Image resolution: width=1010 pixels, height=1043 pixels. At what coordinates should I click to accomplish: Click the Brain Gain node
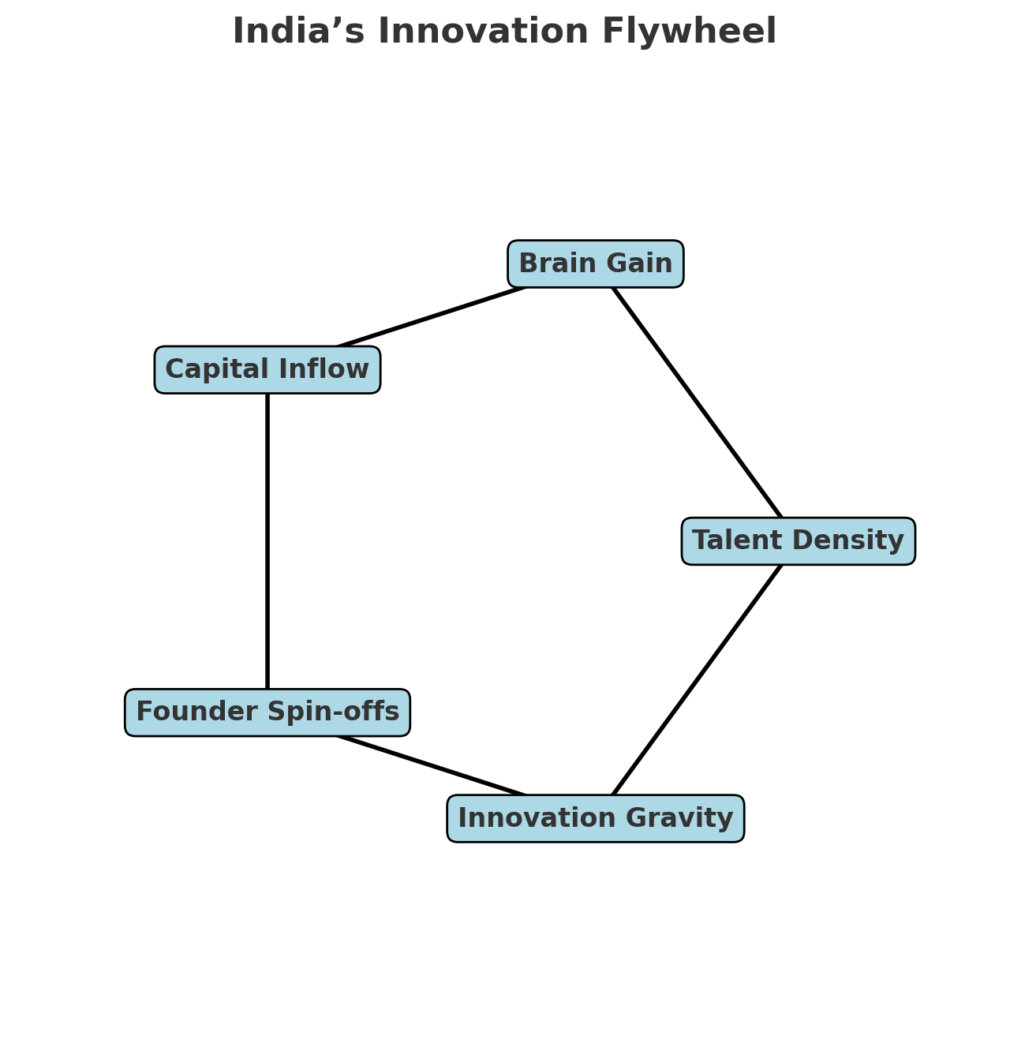595,264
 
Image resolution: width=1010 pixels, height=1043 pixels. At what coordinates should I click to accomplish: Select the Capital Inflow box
267,369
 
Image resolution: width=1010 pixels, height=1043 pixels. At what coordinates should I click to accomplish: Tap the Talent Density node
798,541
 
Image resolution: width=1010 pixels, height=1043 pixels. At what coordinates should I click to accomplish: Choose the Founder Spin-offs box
267,712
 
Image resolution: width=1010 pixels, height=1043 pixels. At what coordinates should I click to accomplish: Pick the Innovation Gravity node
595,818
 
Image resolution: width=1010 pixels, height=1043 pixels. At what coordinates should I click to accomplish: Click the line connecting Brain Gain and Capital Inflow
431,317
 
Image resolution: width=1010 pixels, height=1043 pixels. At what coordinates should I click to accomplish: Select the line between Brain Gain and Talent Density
698,402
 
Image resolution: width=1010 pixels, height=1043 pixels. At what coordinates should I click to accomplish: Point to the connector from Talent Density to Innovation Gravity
698,680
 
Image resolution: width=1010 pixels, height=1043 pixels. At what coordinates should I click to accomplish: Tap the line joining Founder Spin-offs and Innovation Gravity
431,765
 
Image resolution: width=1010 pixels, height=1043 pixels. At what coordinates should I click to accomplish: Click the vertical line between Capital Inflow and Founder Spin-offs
267,541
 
